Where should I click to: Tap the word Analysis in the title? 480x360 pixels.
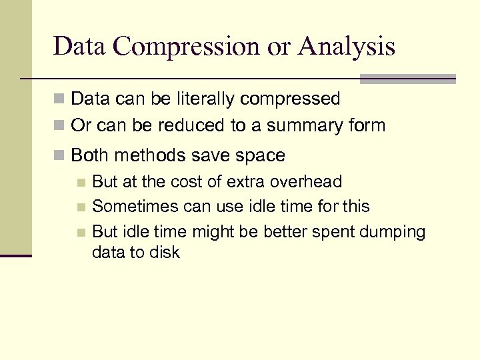(x=347, y=47)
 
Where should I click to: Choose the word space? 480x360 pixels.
(x=258, y=155)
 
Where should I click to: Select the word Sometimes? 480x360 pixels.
(x=135, y=206)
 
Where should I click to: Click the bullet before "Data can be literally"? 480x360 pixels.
(x=60, y=100)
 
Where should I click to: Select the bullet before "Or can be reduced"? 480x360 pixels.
(x=60, y=126)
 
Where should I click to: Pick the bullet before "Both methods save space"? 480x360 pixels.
(x=60, y=156)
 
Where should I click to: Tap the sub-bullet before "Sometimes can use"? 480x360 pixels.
(x=81, y=207)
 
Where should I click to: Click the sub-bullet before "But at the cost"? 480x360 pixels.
(x=81, y=182)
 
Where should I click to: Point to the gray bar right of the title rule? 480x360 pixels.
(x=407, y=79)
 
